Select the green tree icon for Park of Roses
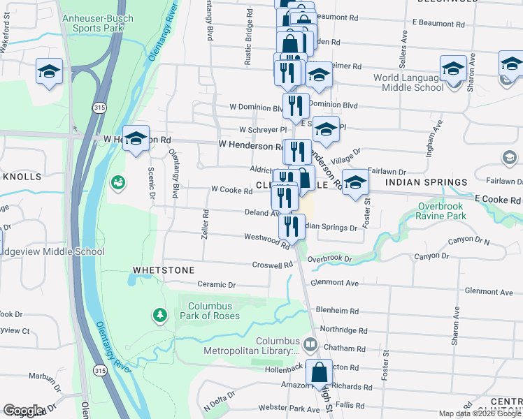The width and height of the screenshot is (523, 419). click(x=161, y=316)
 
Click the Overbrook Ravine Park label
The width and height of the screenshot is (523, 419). click(x=452, y=211)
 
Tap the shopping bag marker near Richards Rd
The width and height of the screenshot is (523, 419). click(x=319, y=374)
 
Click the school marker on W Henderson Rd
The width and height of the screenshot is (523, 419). click(x=136, y=137)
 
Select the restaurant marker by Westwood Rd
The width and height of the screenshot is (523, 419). click(x=292, y=226)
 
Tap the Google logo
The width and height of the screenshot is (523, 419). click(x=24, y=411)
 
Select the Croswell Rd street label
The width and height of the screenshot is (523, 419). click(x=273, y=265)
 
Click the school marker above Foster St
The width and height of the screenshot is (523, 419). click(x=355, y=183)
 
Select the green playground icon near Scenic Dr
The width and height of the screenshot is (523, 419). click(x=117, y=183)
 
